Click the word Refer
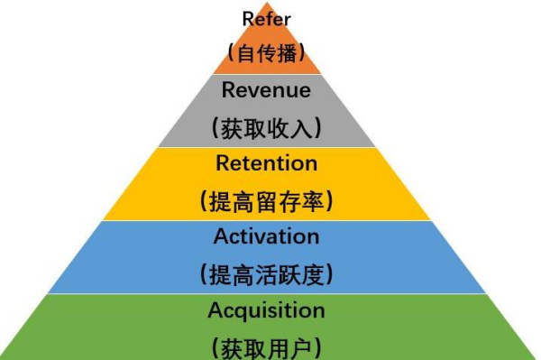click(x=266, y=18)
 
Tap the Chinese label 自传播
click(x=267, y=53)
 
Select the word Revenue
click(x=266, y=90)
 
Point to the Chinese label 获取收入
click(x=267, y=127)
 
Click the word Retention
click(x=267, y=163)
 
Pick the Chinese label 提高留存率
click(x=267, y=200)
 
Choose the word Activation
click(x=267, y=236)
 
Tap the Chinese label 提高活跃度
click(x=267, y=273)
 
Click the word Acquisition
click(x=267, y=310)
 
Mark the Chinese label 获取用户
click(x=267, y=346)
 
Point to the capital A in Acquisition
click(x=215, y=310)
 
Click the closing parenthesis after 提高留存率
click(x=329, y=201)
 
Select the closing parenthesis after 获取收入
click(x=320, y=128)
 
